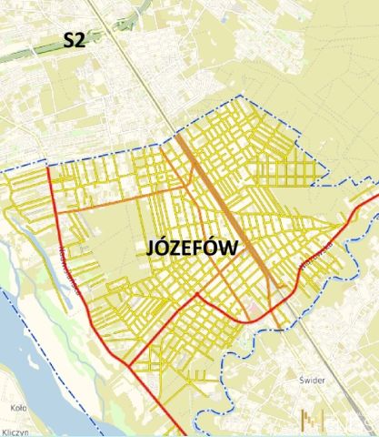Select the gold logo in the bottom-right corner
point(314,420)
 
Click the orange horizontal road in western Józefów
point(109,202)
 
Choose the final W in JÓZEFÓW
point(228,247)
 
